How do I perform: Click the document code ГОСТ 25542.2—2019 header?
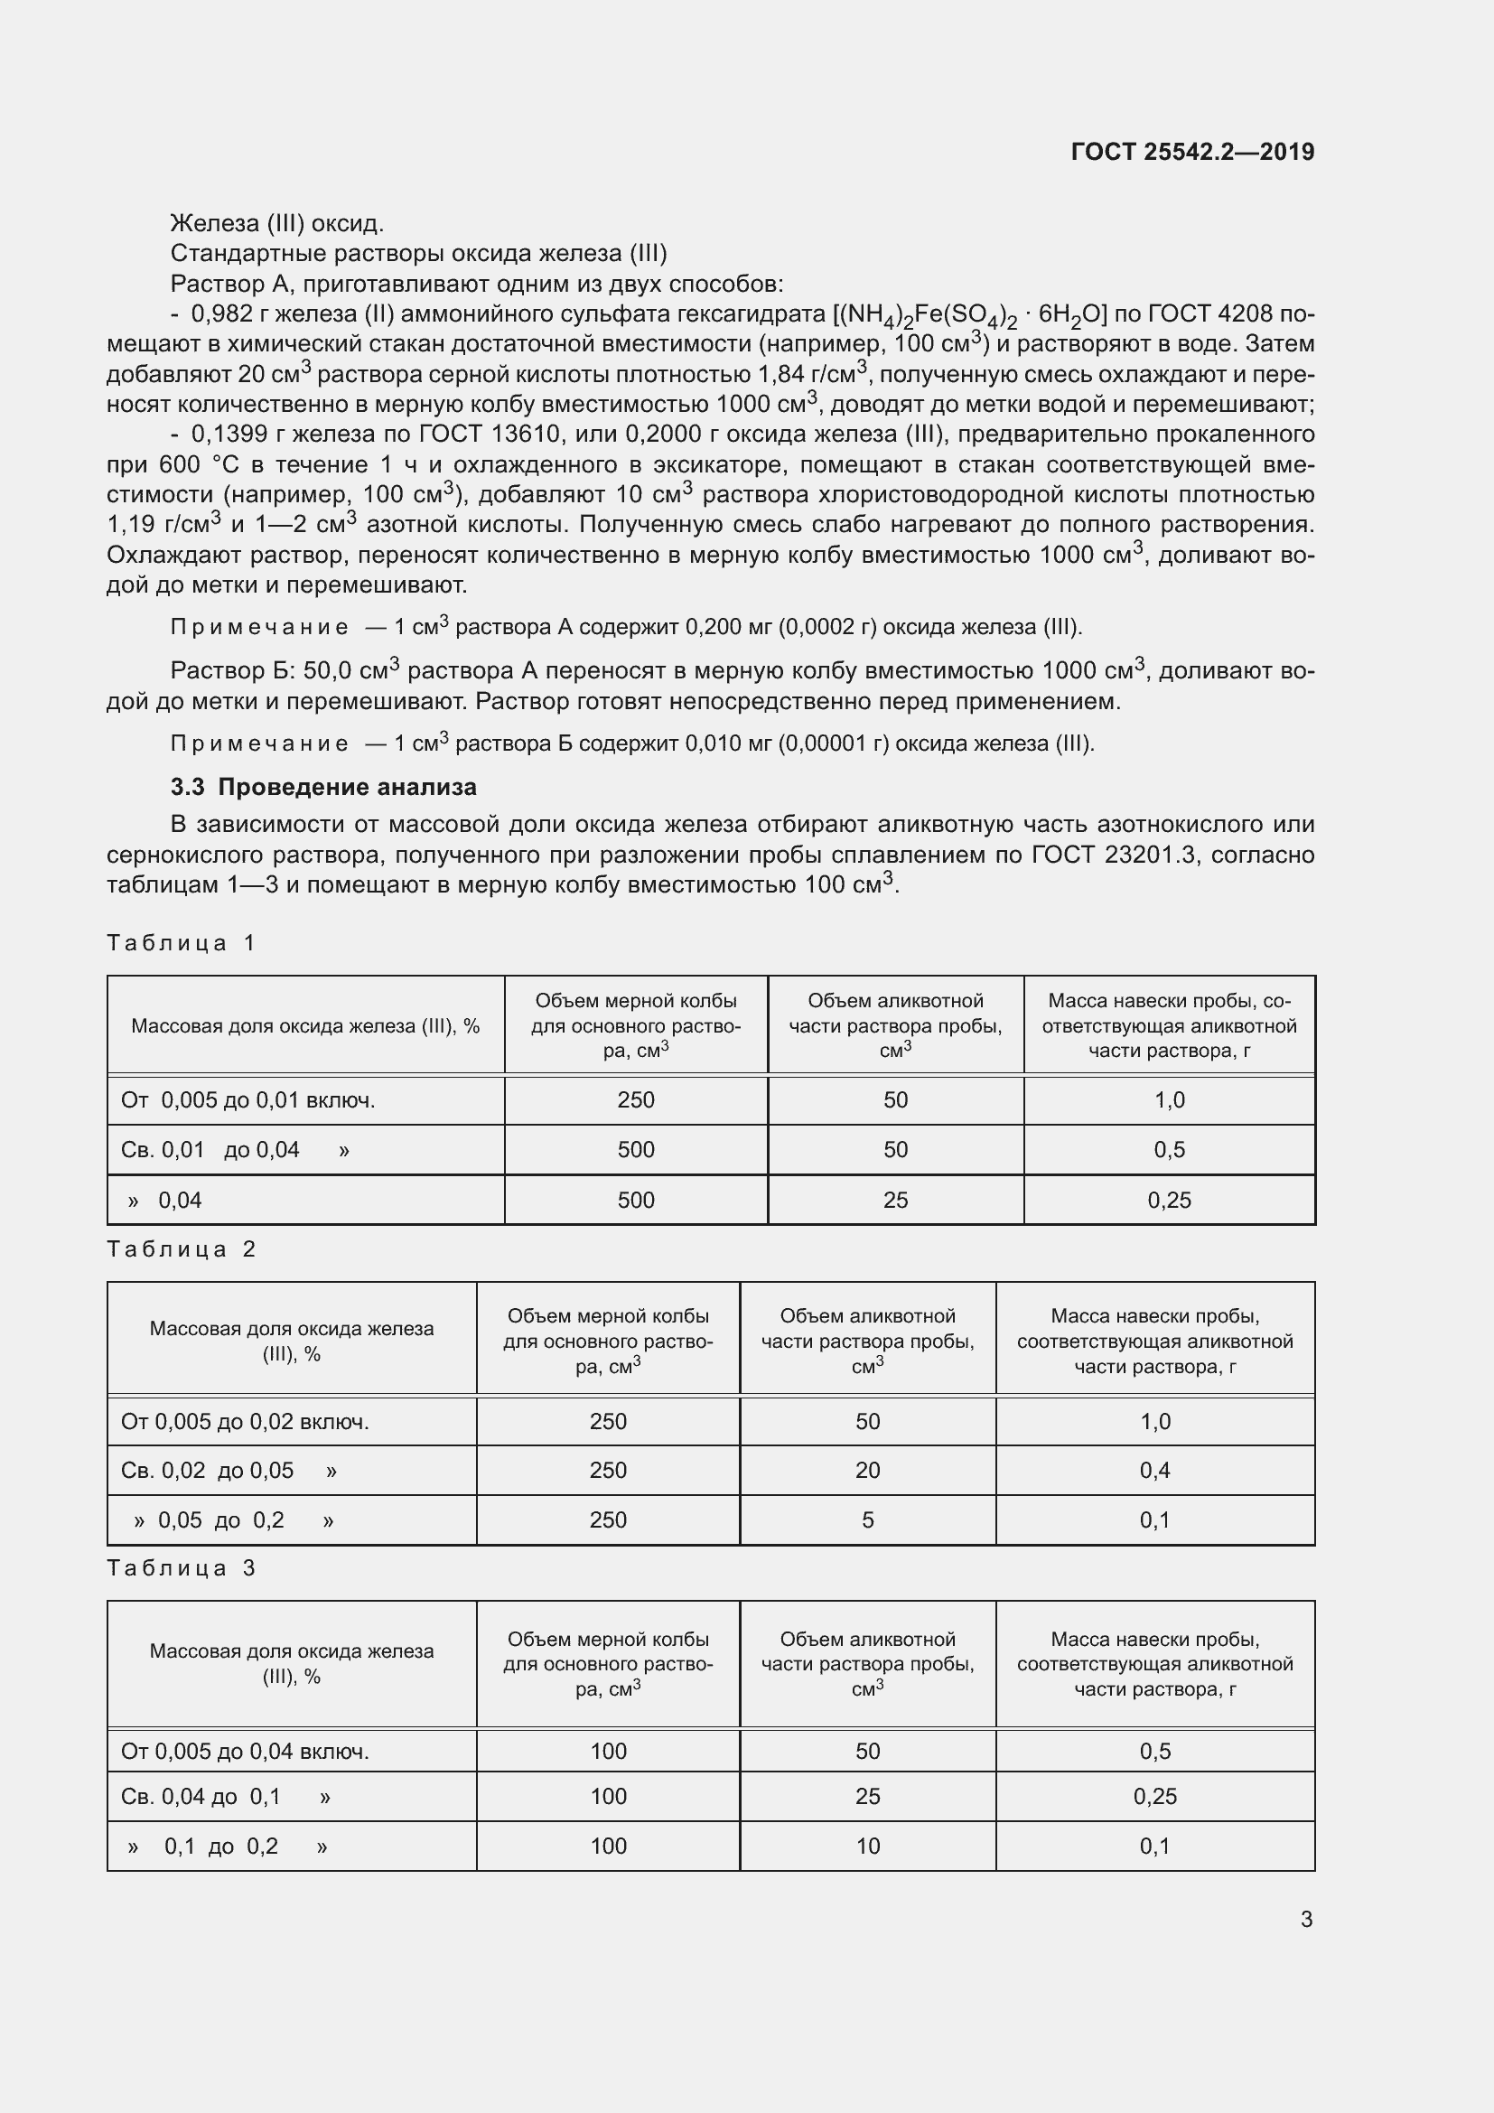1192,152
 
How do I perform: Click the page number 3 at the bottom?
1306,1919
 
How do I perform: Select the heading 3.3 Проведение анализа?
324,787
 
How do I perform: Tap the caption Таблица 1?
181,942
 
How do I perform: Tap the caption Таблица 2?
181,1248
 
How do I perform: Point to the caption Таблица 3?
181,1568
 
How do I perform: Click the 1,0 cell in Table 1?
1169,1099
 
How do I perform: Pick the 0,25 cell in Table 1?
1169,1200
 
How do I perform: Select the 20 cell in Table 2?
867,1470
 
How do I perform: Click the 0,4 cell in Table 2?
1154,1470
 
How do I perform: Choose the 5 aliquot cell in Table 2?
867,1519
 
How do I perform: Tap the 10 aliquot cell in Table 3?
867,1847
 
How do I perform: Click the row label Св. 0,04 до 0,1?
201,1797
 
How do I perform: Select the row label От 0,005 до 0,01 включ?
247,1099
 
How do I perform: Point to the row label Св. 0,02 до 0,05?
207,1470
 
